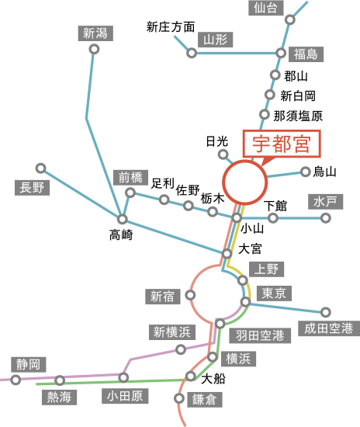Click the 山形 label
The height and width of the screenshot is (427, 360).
point(213,39)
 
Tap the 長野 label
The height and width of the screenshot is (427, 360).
point(33,187)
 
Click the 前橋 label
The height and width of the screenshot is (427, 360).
point(129,177)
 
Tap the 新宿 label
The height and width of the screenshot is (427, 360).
point(163,296)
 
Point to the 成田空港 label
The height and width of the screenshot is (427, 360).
point(329,328)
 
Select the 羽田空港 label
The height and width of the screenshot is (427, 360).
point(260,335)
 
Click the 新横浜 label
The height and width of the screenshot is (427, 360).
point(171,332)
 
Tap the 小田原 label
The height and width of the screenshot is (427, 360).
point(126,396)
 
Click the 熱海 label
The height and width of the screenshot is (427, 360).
point(60,397)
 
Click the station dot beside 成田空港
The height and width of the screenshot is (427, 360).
point(326,312)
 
